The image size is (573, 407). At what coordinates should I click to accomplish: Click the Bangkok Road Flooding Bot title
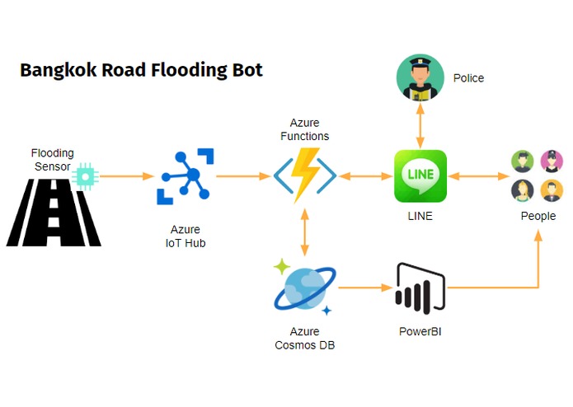141,70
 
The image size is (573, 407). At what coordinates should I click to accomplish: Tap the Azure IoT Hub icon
186,176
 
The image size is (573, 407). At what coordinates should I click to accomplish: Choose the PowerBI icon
420,288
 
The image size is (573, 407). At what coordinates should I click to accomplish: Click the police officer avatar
420,77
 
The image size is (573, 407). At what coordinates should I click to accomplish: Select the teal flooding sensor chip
85,175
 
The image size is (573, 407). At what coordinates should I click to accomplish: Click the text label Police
468,78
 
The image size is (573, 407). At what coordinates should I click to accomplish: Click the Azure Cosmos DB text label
304,338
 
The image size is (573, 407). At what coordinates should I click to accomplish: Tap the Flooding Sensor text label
53,159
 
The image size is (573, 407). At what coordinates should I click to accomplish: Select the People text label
538,216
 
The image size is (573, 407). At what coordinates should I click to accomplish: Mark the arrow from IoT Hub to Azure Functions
243,175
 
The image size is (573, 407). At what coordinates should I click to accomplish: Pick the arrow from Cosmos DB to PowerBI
364,288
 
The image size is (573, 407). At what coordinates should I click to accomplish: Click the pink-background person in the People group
552,160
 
